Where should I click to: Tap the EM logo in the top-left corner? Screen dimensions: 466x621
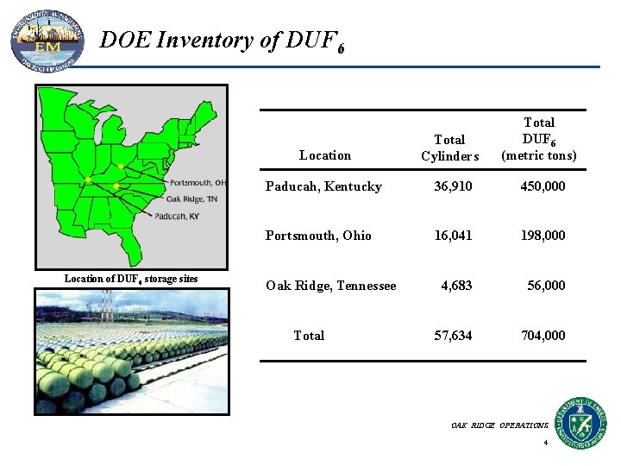[x=47, y=40]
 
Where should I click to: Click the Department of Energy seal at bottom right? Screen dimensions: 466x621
[x=580, y=422]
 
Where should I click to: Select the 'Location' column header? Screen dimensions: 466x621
[x=325, y=155]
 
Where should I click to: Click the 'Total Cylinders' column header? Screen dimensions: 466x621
[x=449, y=148]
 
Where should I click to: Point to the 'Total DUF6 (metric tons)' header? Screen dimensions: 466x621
[x=539, y=139]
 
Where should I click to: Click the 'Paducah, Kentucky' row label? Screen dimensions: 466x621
[x=323, y=186]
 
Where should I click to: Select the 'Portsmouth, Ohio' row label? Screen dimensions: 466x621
[x=318, y=236]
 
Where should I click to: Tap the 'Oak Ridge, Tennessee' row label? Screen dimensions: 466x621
[x=331, y=286]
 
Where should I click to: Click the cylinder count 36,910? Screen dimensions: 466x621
[x=453, y=186]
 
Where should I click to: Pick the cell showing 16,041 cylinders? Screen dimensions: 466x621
[x=453, y=236]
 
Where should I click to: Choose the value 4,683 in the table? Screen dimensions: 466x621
[x=456, y=286]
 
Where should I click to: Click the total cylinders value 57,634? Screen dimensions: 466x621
[x=453, y=336]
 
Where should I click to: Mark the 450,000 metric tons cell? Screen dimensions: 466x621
[x=543, y=186]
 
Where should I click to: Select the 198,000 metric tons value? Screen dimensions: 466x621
[x=543, y=236]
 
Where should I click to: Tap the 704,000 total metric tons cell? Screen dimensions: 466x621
[x=543, y=336]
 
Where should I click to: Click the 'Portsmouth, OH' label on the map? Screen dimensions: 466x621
[x=198, y=182]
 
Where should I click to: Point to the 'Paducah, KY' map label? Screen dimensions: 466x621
[x=177, y=216]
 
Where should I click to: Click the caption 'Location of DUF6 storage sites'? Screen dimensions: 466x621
[x=131, y=279]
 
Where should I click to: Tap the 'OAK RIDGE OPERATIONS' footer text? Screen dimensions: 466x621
[x=499, y=425]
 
